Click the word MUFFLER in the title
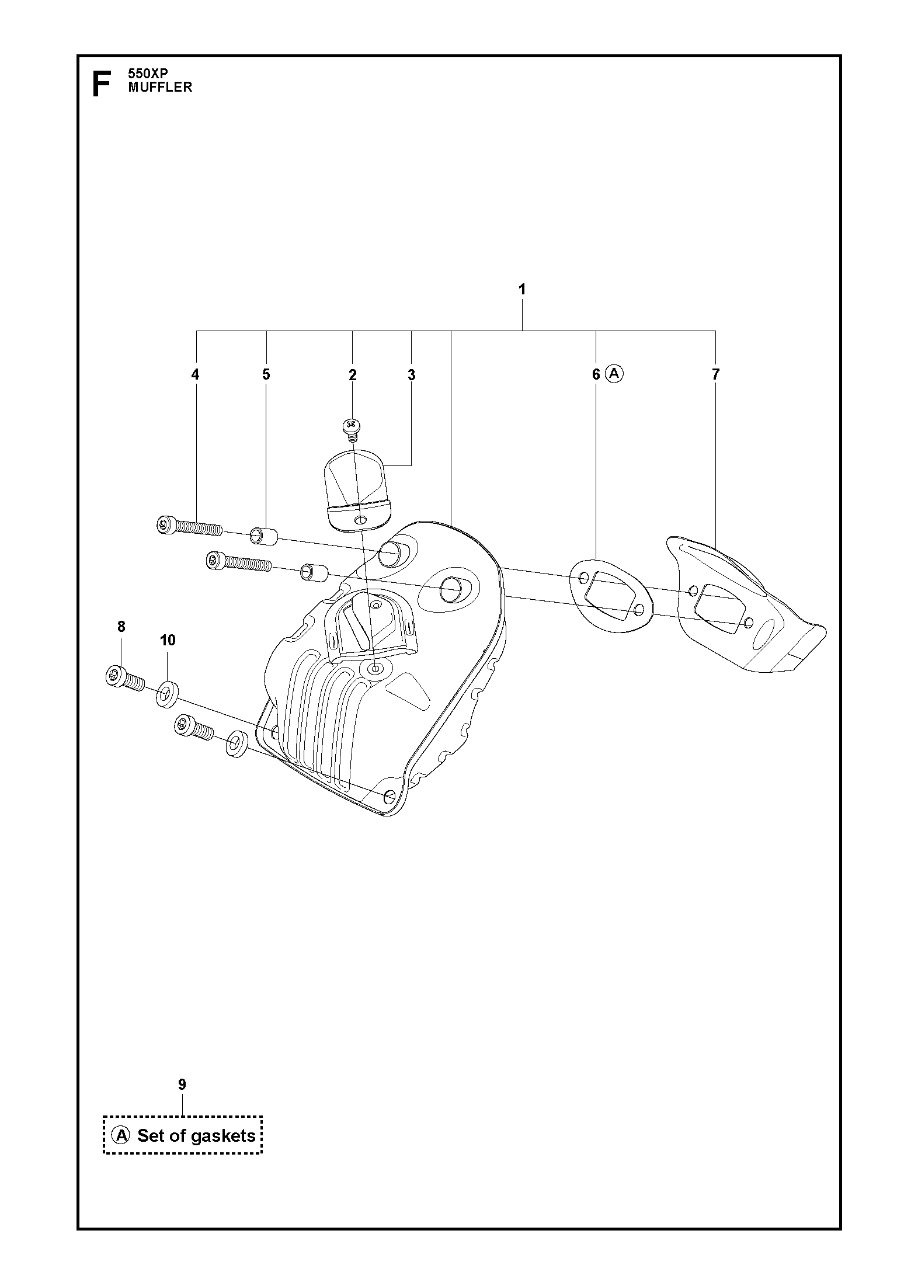(x=160, y=88)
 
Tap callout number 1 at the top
(x=522, y=289)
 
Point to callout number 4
(x=195, y=374)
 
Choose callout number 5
(x=266, y=374)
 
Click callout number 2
(x=352, y=375)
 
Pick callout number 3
(x=411, y=375)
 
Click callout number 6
(x=596, y=374)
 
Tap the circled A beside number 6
(x=614, y=373)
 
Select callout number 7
(x=716, y=374)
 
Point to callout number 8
(x=121, y=627)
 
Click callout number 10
(x=168, y=640)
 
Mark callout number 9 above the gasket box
(x=182, y=1085)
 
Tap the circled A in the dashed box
(x=120, y=1135)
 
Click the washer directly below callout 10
(x=167, y=694)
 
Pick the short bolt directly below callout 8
(x=124, y=679)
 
